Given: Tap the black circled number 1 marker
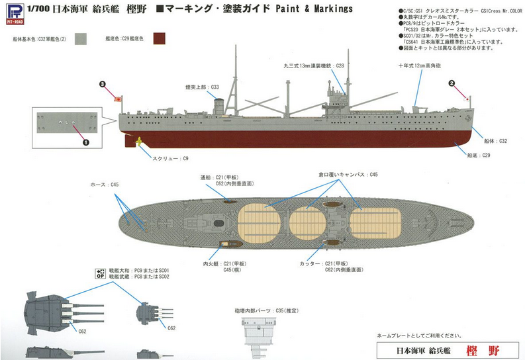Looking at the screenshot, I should click(85, 141).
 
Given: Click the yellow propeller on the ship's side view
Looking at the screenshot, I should click(139, 140).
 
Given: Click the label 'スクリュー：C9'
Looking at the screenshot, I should click(169, 158).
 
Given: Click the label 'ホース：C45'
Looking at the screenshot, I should click(105, 184).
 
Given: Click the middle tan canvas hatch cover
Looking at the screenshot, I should click(305, 218).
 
